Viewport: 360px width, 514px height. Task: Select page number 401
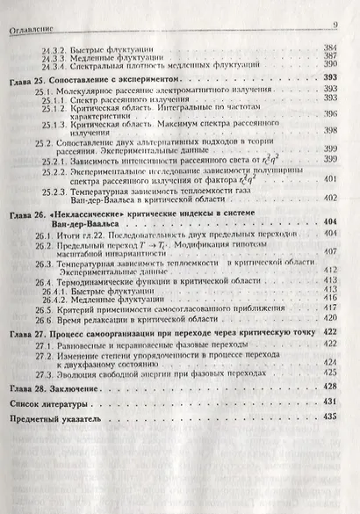(x=332, y=179)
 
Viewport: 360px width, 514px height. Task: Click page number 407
(x=332, y=251)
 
